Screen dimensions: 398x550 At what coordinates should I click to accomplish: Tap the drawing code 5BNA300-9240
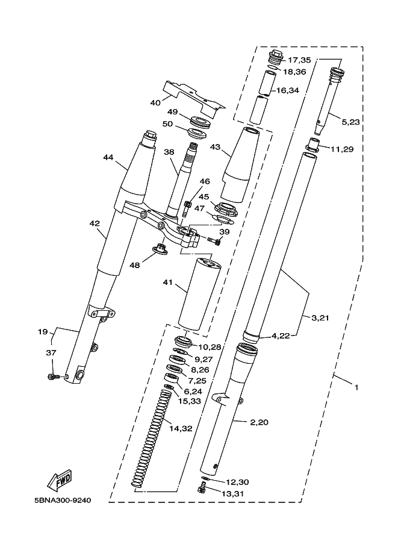pos(63,500)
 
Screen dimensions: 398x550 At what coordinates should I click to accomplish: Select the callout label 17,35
pos(299,60)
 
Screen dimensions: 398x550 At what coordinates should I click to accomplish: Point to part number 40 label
pos(155,103)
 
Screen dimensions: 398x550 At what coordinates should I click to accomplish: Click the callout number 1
pos(356,387)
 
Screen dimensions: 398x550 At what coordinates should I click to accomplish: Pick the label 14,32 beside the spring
pos(181,428)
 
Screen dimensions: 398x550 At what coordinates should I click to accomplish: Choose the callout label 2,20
pos(259,422)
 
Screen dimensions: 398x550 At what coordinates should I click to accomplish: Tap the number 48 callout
pos(134,265)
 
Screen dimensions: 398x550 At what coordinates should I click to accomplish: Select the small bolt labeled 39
pos(214,240)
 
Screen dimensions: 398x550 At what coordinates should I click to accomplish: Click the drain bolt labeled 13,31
pos(202,487)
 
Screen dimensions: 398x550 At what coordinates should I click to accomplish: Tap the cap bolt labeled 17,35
pos(276,57)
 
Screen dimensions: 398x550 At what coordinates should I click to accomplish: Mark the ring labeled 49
pos(200,121)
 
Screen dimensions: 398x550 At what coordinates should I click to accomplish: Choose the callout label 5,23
pos(350,122)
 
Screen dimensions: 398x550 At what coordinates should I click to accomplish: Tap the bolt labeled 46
pos(187,209)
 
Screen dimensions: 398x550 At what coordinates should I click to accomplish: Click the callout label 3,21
pos(320,318)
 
